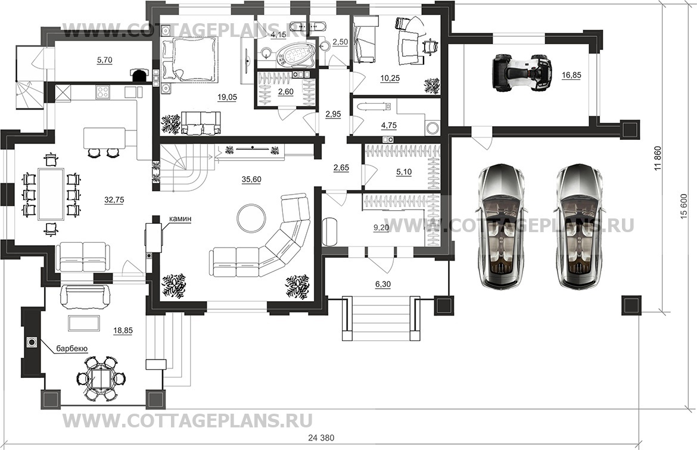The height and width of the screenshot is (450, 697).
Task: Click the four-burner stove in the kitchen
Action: [x=102, y=92]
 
